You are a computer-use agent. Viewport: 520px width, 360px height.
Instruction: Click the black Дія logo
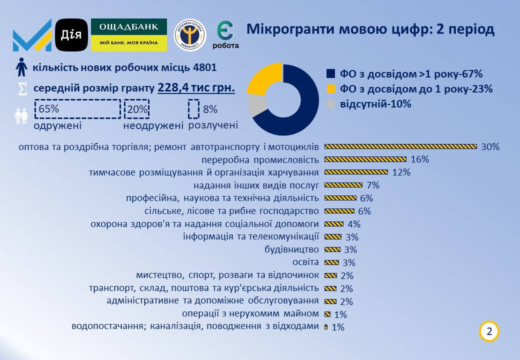[x=71, y=34]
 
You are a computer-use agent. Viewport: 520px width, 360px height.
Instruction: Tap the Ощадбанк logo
[x=129, y=34]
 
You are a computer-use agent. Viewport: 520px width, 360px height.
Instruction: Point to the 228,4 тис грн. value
[x=196, y=88]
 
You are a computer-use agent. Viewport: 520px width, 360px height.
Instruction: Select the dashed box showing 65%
[x=77, y=109]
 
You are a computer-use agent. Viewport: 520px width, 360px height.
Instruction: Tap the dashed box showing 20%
[x=136, y=109]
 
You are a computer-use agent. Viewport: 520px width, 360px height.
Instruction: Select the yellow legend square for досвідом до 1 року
[x=330, y=89]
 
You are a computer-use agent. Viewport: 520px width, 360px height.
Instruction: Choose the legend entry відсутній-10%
[x=375, y=104]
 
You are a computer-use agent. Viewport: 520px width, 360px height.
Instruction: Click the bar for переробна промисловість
[x=365, y=159]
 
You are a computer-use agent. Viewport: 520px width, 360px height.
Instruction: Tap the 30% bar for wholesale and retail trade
[x=400, y=146]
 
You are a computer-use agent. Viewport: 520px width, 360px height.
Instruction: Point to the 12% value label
[x=401, y=172]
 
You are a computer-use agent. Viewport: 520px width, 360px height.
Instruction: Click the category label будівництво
[x=291, y=249]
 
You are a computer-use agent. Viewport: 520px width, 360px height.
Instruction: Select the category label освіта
[x=305, y=262]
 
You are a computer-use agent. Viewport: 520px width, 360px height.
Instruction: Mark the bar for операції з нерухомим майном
[x=327, y=314]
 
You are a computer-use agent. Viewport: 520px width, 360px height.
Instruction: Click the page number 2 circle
[x=489, y=331]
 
